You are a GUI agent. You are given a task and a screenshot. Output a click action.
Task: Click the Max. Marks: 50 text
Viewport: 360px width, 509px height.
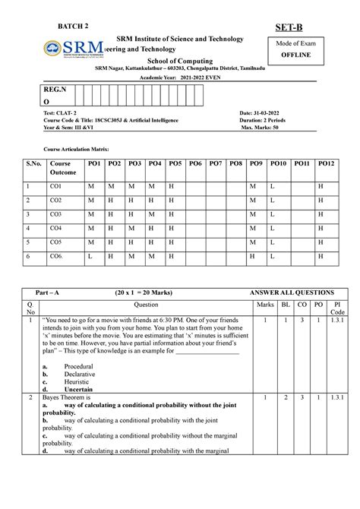pyautogui.click(x=267, y=127)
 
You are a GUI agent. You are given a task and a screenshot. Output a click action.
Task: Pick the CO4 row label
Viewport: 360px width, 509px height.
pyautogui.click(x=55, y=228)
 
